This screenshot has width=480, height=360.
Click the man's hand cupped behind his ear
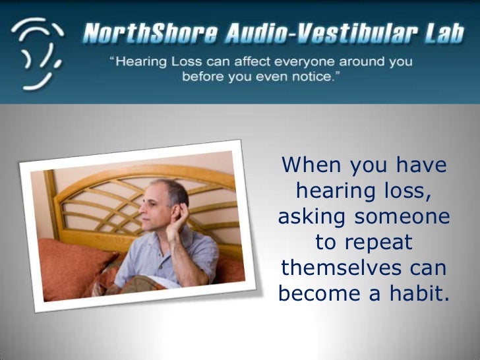click(x=181, y=214)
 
